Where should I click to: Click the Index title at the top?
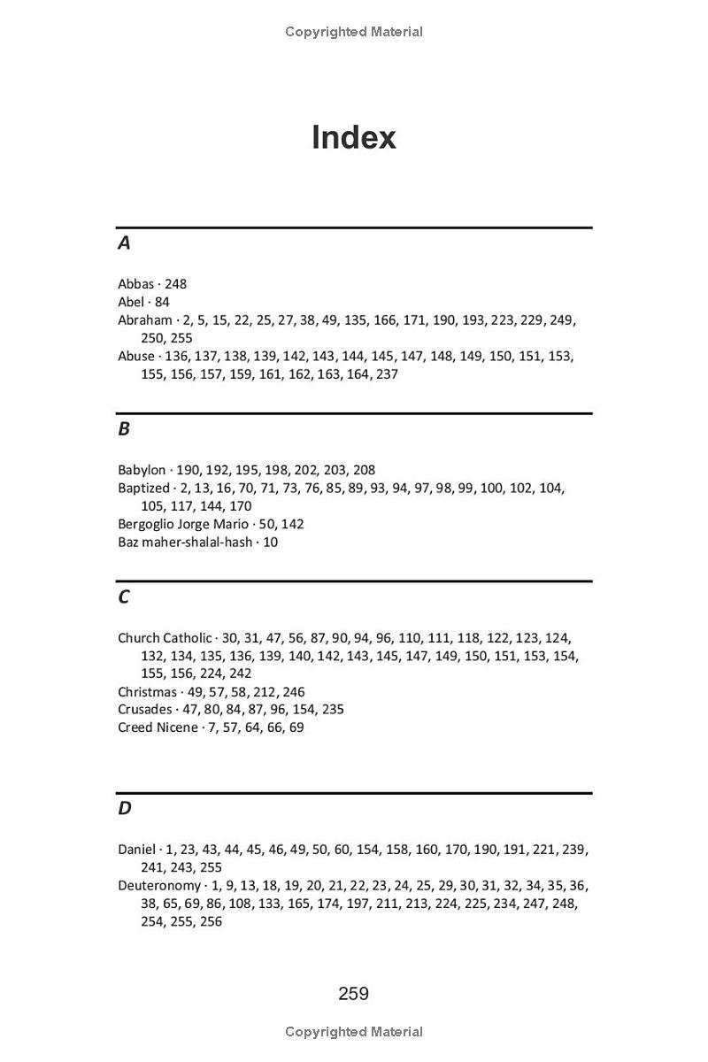pos(353,138)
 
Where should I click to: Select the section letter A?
pos(124,242)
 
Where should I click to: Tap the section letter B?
pos(124,428)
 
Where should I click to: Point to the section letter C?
pos(124,596)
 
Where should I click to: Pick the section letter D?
pos(125,808)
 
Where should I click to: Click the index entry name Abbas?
pos(136,284)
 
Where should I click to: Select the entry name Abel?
pos(131,302)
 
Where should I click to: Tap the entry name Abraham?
pos(145,320)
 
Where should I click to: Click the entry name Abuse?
pos(136,356)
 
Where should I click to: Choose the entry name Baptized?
pos(143,488)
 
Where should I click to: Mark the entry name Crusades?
pos(145,710)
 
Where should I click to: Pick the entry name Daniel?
pos(136,850)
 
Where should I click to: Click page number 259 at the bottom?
pos(353,994)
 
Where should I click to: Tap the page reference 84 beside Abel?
pos(161,302)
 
